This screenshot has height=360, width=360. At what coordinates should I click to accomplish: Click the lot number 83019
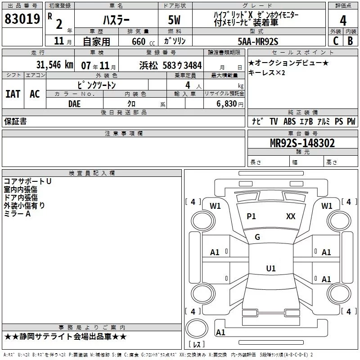22,19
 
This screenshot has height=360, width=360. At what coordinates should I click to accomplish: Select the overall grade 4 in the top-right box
343,21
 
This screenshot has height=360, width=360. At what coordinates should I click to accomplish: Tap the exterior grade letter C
336,41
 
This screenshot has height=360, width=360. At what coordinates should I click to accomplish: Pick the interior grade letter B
350,41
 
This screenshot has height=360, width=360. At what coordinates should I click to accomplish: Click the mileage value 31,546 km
54,65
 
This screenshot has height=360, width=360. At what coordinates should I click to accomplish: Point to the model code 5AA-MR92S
258,41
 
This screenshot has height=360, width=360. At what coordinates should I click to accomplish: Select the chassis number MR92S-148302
302,143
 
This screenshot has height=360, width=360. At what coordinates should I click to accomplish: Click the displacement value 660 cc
143,42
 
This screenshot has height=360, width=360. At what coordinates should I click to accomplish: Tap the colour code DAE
74,104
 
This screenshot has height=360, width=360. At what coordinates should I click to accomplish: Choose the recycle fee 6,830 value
226,104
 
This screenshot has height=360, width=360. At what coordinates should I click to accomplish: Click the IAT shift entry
13,94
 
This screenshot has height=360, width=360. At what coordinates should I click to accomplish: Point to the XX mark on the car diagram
291,216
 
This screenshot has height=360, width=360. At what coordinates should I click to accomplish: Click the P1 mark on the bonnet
251,216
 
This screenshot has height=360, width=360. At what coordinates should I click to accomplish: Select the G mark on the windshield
257,237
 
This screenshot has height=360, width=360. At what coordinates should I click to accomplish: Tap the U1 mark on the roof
271,268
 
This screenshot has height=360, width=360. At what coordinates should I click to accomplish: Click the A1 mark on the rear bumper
220,332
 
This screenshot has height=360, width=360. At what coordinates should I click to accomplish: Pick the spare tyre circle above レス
197,328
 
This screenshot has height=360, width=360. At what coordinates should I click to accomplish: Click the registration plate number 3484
193,65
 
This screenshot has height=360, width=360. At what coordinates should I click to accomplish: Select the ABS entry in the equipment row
289,121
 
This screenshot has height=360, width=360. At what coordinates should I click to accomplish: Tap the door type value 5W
174,20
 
